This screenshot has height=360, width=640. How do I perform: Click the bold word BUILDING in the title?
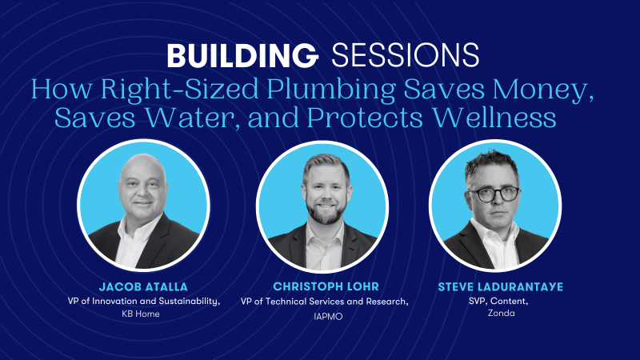point(242,55)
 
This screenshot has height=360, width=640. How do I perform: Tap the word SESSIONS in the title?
point(406,55)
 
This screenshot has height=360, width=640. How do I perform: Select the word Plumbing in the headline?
point(331,90)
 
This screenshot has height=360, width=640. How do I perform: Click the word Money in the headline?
point(543,89)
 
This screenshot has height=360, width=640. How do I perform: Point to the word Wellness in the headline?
point(494,118)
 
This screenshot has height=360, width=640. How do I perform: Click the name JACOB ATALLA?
point(143,287)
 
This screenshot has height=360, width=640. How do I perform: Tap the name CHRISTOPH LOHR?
point(326,286)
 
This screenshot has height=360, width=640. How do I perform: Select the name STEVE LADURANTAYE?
point(501,287)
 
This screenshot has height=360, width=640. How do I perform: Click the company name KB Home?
point(141,314)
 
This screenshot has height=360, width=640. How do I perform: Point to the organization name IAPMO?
point(328,316)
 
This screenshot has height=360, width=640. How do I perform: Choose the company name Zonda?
point(502,313)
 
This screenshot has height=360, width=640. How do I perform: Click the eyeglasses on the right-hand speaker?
point(495,194)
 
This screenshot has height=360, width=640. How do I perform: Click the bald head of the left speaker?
point(142,166)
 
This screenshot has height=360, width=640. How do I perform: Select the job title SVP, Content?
point(498,302)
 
